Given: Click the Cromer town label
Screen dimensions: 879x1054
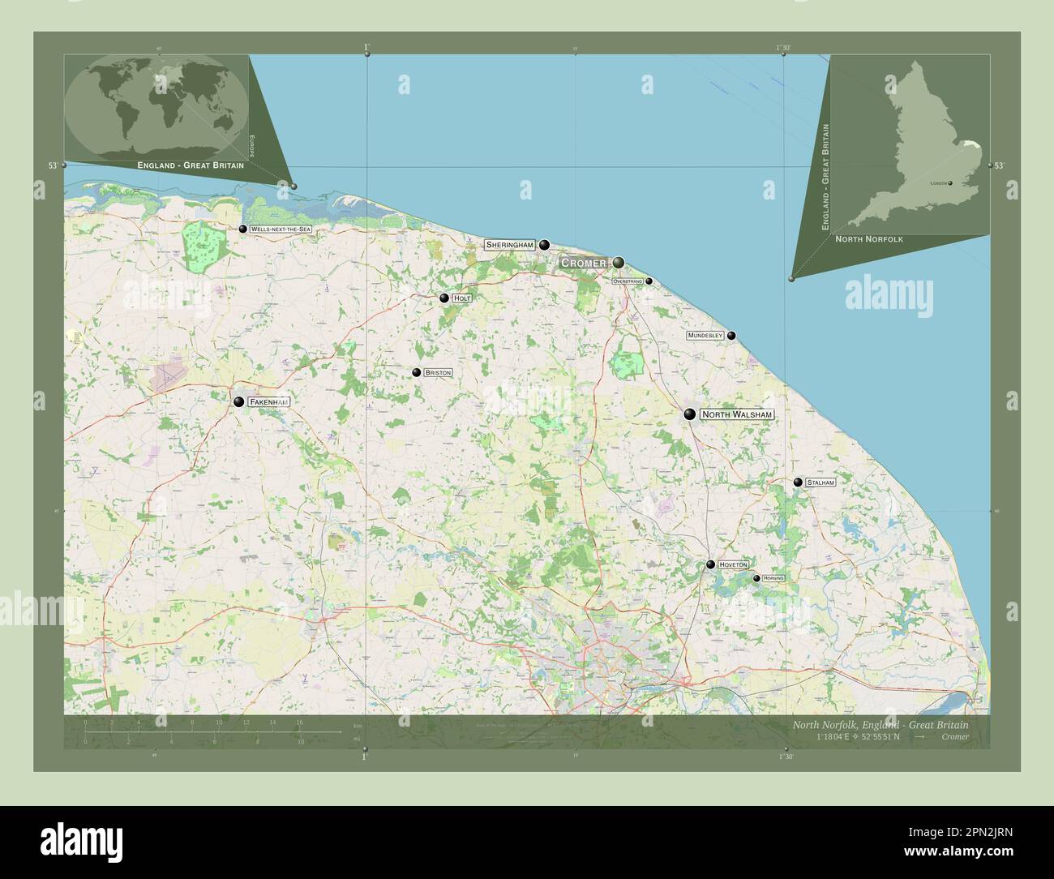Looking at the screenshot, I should tap(584, 264).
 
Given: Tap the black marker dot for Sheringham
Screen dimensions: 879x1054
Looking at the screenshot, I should tap(545, 244).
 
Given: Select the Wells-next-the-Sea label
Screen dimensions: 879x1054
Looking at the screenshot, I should tap(281, 229).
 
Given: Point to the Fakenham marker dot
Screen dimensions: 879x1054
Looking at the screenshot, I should tap(239, 401).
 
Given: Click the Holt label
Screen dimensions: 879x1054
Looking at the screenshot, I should tap(462, 298).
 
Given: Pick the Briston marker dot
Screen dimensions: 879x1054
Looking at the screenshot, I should tap(417, 373).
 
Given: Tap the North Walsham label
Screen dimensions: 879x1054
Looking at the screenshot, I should tap(736, 414).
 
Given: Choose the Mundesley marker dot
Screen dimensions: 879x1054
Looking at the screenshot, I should tap(731, 335).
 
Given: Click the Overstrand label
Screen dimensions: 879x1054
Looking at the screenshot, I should tap(628, 281).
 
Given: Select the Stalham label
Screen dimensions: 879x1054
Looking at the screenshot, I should tap(820, 482).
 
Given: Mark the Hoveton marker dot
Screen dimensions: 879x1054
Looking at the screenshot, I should tap(710, 564).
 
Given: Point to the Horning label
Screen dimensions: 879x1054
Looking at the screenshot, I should tap(773, 578).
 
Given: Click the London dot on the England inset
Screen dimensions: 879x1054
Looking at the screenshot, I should tap(950, 183).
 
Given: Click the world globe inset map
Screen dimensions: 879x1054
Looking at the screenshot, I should tap(156, 104).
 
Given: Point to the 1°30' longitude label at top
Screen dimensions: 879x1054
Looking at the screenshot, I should tap(782, 48).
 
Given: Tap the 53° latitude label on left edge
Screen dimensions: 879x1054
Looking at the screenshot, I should tap(53, 165).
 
